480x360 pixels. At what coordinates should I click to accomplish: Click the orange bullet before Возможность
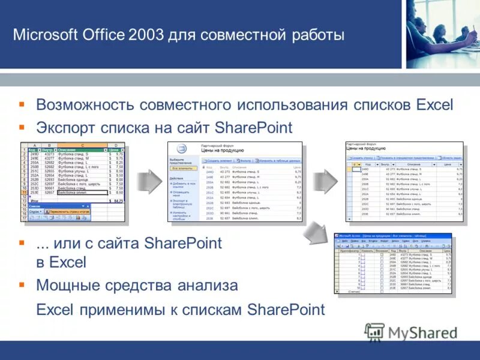22,104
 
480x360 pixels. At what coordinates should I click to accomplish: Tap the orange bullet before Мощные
22,284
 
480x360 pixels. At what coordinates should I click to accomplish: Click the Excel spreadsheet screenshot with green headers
73,182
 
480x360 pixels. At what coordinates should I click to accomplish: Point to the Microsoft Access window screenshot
393,263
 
